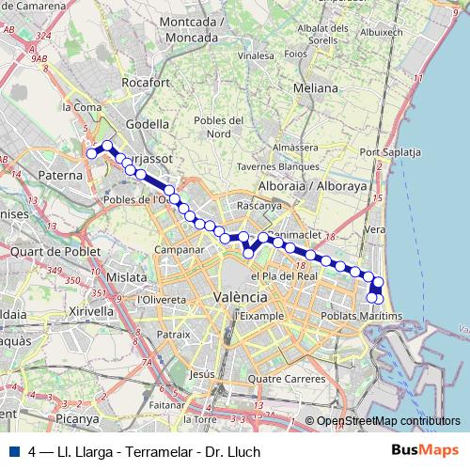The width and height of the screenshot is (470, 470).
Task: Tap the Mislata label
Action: click(x=128, y=277)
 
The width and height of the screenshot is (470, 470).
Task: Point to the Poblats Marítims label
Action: click(x=361, y=316)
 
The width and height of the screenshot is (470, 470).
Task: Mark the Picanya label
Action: click(x=76, y=418)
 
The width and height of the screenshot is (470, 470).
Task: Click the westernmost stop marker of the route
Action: click(x=92, y=153)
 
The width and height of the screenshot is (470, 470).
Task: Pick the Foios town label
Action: click(x=297, y=54)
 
